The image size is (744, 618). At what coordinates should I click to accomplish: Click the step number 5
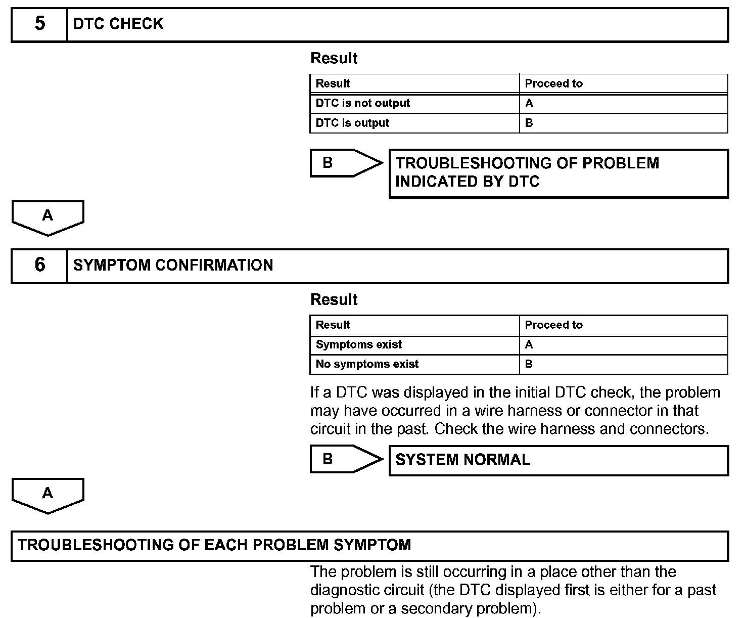pos(39,24)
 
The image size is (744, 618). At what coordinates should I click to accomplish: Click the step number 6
pos(39,265)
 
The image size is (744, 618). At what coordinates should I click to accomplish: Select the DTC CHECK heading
pos(118,24)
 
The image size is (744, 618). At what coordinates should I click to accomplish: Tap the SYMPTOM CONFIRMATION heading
pos(173,265)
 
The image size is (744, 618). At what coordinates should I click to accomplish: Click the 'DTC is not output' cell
pos(363,103)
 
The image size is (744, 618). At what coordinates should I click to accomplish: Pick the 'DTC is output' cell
pos(352,123)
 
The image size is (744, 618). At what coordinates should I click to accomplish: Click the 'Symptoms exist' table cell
pos(359,344)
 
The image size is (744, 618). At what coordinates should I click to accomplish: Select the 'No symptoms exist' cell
pos(367,364)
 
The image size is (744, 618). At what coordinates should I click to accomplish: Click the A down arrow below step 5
pos(48,217)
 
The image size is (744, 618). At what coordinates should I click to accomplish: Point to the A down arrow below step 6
pos(48,495)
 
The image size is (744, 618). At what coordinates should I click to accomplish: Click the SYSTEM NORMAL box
pos(559,460)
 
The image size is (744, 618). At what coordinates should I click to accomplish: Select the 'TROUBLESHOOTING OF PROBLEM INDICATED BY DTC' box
pos(559,173)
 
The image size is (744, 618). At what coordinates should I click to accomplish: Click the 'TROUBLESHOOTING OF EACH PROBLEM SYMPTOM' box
pos(369,546)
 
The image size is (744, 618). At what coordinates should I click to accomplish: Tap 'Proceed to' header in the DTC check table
pos(553,83)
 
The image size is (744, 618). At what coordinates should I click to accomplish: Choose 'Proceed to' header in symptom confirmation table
pos(553,325)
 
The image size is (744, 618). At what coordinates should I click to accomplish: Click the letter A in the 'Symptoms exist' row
pos(529,344)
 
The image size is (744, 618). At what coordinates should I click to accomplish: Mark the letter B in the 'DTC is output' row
pos(529,123)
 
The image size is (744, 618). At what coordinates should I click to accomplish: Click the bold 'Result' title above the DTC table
pos(334,58)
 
